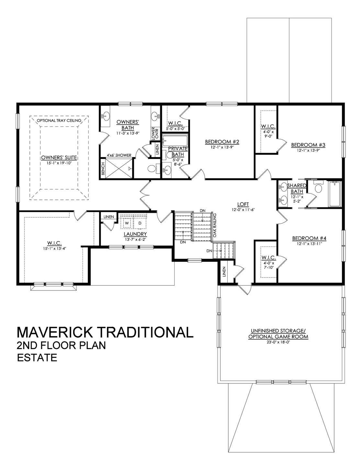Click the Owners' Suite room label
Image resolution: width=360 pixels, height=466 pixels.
coord(59,158)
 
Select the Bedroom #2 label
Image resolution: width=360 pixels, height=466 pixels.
coord(222,142)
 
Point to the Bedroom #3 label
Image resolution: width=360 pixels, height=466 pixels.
coord(308,145)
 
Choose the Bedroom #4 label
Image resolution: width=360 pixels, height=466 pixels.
coord(309,238)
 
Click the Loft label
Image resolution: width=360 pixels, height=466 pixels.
coord(243,204)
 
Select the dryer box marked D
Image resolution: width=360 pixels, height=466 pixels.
coord(140,223)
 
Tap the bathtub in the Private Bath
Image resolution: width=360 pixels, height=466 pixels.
coord(175,141)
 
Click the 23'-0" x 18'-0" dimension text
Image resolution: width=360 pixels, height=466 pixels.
coord(278,342)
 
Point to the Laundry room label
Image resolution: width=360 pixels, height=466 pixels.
coord(135,234)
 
